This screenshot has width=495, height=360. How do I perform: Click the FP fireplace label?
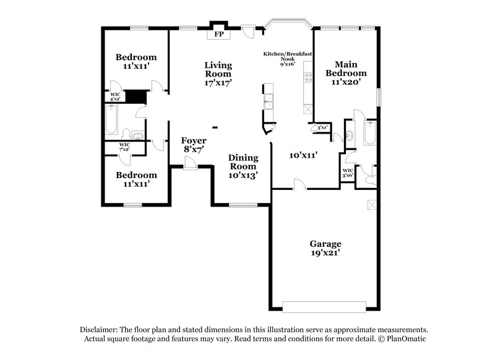[218, 35]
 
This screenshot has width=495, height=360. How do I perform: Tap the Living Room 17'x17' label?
[218, 74]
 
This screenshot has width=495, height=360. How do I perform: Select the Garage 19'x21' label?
[325, 248]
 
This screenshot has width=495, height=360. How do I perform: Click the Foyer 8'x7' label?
[194, 145]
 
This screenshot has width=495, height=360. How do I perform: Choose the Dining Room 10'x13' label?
[243, 166]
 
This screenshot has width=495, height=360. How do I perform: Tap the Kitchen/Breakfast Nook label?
[288, 58]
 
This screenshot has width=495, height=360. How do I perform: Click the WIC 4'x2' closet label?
[116, 96]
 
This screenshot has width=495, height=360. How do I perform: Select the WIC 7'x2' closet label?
[116, 147]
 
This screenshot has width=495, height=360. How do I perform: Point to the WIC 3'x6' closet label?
[348, 173]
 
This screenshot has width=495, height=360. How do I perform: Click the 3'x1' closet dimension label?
[322, 128]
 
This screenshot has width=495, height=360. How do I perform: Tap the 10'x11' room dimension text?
[303, 155]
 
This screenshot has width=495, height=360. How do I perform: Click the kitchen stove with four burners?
[308, 79]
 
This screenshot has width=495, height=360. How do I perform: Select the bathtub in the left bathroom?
[111, 119]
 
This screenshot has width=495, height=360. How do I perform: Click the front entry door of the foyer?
[191, 163]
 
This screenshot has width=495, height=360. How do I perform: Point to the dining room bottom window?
[243, 204]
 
